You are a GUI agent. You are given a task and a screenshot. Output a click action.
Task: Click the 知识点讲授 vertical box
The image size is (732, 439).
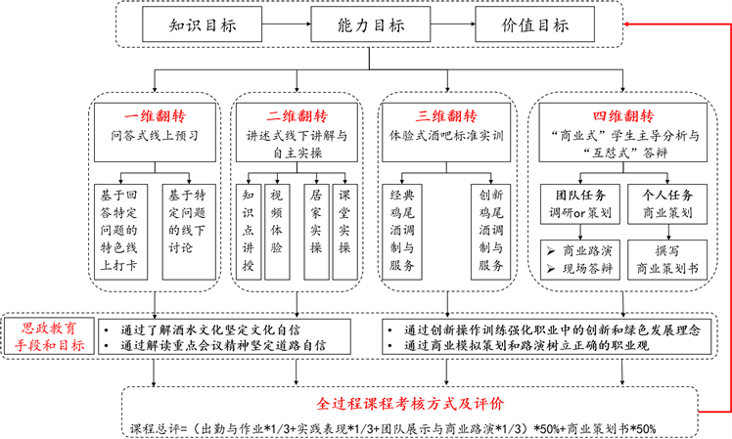tap(251, 229)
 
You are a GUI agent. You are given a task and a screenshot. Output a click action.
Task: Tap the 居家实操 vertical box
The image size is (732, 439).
tap(315, 229)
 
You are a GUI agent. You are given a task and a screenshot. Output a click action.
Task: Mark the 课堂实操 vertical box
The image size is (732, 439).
tap(346, 229)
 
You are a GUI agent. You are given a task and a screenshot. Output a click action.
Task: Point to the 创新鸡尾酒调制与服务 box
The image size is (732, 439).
tap(488, 231)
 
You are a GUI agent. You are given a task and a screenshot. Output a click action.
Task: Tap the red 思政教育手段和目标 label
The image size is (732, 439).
tap(46, 334)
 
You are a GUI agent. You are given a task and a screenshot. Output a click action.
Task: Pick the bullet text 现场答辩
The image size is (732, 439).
tap(586, 267)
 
